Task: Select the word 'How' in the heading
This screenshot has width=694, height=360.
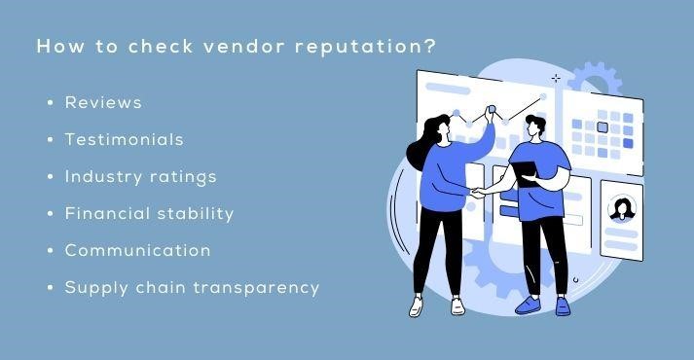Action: point(55,48)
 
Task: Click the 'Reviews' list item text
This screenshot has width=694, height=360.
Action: point(103,102)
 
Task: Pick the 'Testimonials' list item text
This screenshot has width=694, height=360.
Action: point(124,139)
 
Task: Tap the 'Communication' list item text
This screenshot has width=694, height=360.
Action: point(137,250)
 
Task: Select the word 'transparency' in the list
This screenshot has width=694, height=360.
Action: point(261,287)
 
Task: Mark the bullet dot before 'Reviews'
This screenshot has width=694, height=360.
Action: point(49,102)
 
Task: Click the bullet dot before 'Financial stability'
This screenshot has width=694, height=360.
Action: point(49,213)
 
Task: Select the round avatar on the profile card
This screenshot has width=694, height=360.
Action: point(620,207)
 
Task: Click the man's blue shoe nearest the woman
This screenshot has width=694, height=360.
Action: point(528,306)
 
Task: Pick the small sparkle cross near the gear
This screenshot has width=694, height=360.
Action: point(556,78)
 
